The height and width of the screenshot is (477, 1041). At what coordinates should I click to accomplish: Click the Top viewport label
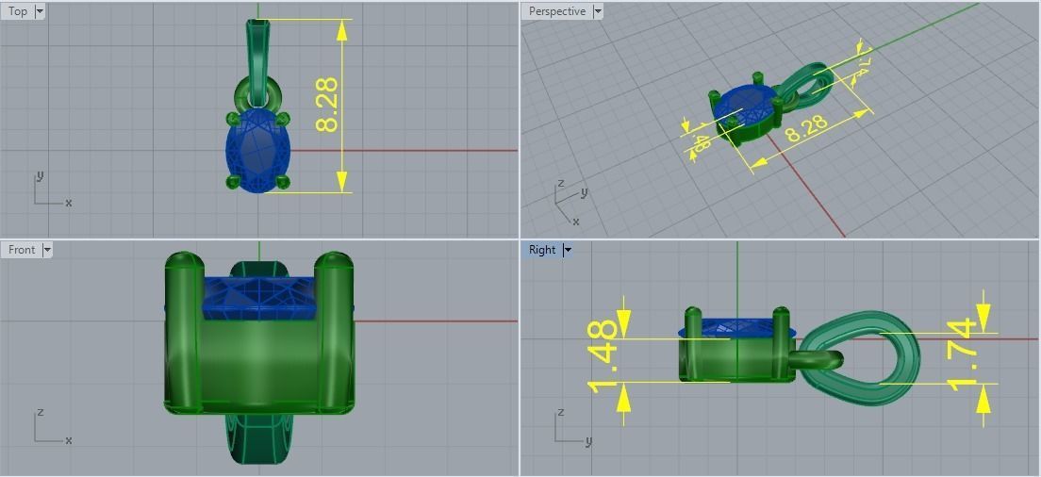(x=18, y=11)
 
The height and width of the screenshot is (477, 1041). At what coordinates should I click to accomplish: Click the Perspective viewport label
(x=556, y=11)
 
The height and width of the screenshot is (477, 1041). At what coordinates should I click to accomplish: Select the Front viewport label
(x=21, y=250)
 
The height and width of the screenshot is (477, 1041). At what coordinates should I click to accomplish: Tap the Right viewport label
(x=542, y=250)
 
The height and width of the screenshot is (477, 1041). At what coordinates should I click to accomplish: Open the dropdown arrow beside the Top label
(x=40, y=11)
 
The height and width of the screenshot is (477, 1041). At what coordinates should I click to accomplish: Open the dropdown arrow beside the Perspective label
(x=598, y=11)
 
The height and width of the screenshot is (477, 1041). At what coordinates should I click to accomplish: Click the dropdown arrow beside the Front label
(x=47, y=250)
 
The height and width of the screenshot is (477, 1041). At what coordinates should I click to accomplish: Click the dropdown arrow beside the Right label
(x=568, y=250)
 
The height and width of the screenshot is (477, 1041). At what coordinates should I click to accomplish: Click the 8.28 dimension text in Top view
(x=327, y=105)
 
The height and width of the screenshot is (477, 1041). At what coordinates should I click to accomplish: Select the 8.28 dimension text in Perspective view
(x=806, y=128)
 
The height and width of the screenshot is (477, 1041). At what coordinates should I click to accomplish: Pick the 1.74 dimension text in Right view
(x=961, y=354)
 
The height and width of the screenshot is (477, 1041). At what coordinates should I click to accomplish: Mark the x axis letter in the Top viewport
(x=69, y=203)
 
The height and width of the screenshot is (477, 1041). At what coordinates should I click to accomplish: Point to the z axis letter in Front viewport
(x=39, y=413)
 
